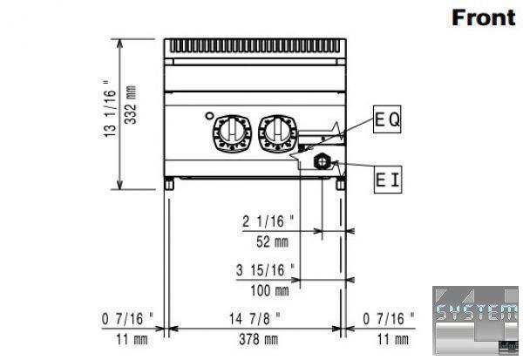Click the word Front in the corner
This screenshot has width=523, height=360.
(x=483, y=17)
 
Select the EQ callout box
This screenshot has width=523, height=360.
(x=387, y=119)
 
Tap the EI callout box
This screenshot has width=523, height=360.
(x=388, y=180)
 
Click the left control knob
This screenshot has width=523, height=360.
(x=232, y=133)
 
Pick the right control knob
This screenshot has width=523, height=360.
(x=278, y=133)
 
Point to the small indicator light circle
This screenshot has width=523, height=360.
(x=209, y=116)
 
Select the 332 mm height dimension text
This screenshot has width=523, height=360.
(x=131, y=105)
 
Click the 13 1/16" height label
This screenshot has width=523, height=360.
(x=110, y=109)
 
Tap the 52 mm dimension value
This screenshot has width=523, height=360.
(x=272, y=242)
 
